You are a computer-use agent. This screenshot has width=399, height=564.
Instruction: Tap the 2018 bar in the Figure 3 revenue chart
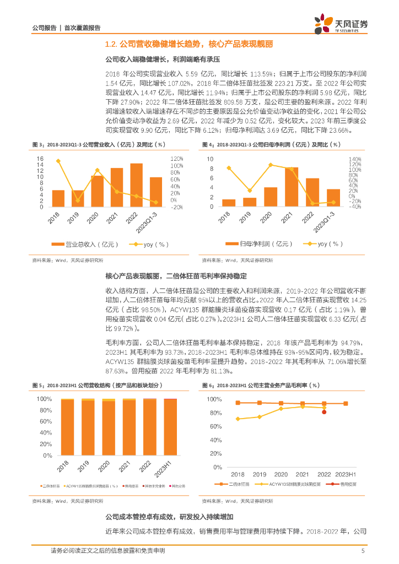tap(58, 198)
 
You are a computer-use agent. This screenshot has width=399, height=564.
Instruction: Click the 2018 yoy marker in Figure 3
tap(58, 161)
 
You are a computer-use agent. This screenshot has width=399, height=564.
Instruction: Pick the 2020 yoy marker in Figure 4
tap(271, 165)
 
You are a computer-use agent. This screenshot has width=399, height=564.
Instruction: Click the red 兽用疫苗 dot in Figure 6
tap(324, 411)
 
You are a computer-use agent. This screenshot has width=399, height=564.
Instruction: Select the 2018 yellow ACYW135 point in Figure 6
tap(238, 419)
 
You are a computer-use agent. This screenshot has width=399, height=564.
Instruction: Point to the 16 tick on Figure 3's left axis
tap(40, 159)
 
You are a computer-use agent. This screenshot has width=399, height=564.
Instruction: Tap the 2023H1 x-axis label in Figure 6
tap(346, 474)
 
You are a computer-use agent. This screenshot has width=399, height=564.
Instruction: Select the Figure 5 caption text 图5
tap(37, 386)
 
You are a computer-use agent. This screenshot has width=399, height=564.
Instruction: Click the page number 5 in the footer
tap(363, 551)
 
